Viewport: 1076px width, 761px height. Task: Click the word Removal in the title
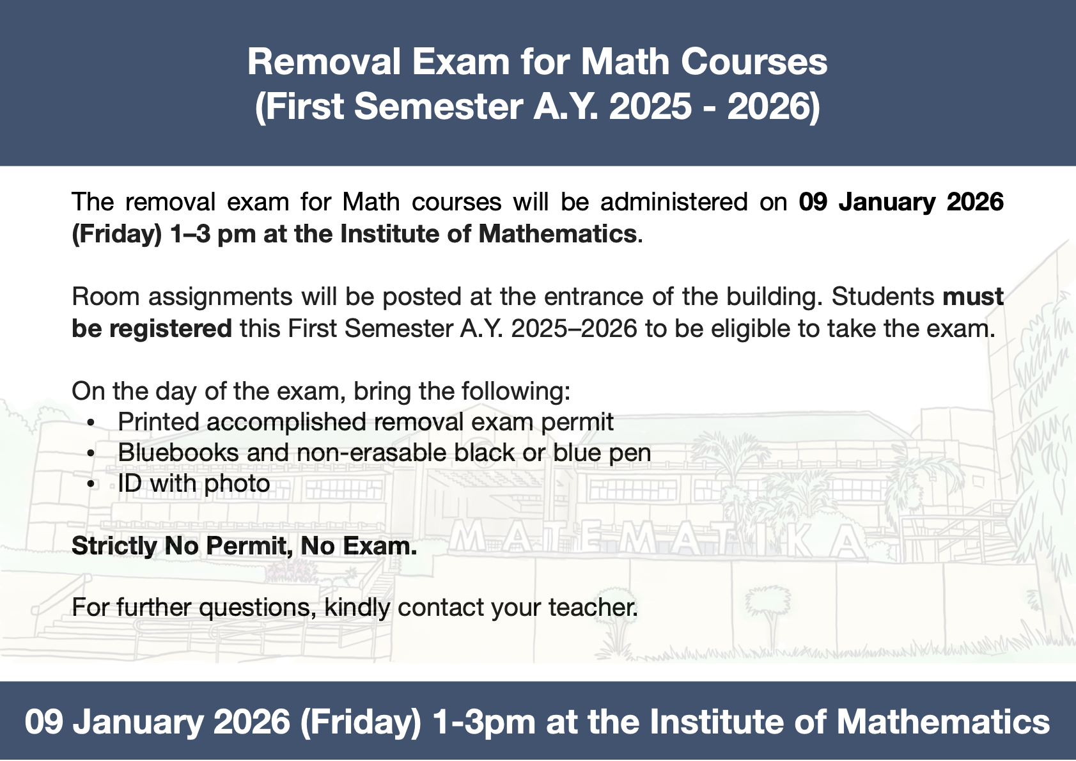tap(324, 62)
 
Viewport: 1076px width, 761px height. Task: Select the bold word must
tap(973, 297)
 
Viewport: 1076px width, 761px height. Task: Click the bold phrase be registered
tap(152, 329)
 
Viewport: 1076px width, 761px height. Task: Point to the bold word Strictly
tap(114, 546)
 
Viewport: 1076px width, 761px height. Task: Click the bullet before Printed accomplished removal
tap(91, 423)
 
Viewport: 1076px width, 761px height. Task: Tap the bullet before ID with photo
tap(91, 485)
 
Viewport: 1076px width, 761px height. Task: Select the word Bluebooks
tap(178, 453)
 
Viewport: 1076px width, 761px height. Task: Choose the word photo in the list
tap(237, 484)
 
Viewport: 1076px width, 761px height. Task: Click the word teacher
tap(593, 608)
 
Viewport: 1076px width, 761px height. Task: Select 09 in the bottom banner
tap(43, 721)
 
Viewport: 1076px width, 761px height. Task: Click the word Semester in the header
tap(438, 106)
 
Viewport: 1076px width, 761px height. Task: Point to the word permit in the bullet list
tap(577, 423)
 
